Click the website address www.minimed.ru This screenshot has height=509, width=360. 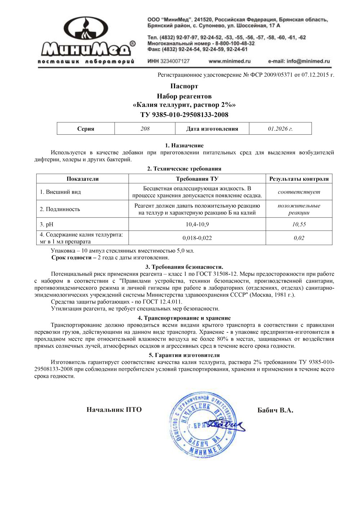[x=229, y=61]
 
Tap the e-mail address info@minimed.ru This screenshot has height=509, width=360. [x=299, y=61]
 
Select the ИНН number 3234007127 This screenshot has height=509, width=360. [x=175, y=61]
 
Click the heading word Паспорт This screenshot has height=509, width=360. [x=184, y=86]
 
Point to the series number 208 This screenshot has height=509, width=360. [x=145, y=129]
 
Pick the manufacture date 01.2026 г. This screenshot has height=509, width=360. [x=280, y=129]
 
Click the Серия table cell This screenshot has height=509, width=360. [x=86, y=129]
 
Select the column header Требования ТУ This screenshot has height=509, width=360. [x=197, y=179]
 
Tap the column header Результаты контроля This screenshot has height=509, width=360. [x=299, y=179]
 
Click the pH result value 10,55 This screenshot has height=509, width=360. [x=299, y=224]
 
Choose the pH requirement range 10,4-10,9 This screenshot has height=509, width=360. [x=197, y=224]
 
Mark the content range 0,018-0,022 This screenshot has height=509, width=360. [x=197, y=238]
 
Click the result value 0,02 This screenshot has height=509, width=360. [x=299, y=238]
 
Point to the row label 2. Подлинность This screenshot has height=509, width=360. [x=60, y=209]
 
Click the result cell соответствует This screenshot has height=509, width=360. [x=299, y=192]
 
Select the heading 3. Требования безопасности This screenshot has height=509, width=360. [x=184, y=267]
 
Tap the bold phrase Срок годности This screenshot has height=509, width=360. [x=71, y=258]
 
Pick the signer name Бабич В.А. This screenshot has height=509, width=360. [x=275, y=410]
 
